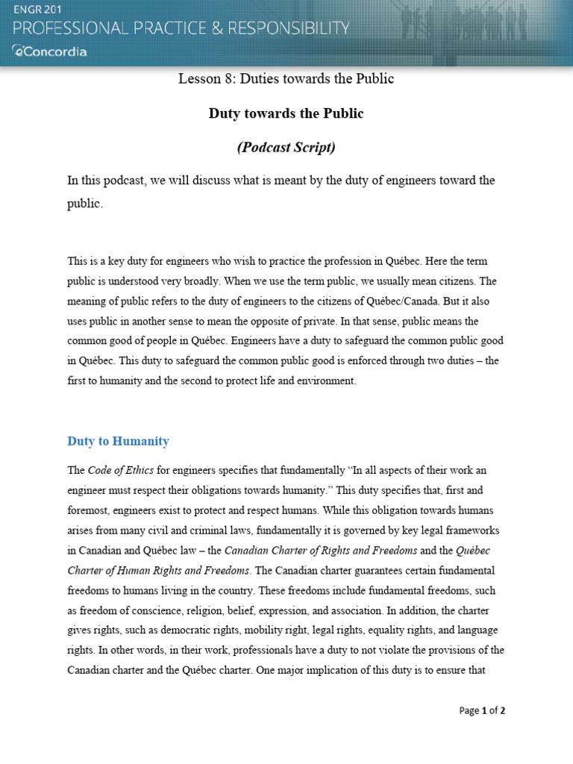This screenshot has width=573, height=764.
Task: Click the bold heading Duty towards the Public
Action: click(x=286, y=113)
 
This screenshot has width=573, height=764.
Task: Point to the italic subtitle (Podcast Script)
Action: click(x=286, y=148)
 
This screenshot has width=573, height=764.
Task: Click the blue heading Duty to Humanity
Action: click(x=118, y=441)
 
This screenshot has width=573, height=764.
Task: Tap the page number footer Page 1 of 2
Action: click(x=482, y=710)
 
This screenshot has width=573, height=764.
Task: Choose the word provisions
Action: click(x=446, y=650)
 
